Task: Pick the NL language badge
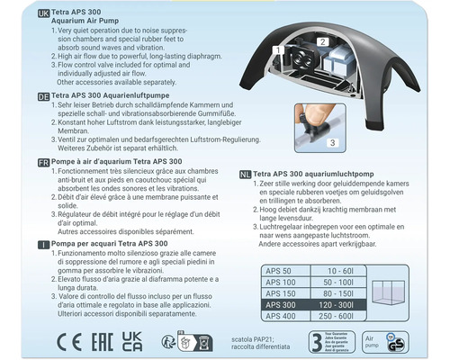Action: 247,174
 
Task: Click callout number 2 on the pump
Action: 320,42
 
